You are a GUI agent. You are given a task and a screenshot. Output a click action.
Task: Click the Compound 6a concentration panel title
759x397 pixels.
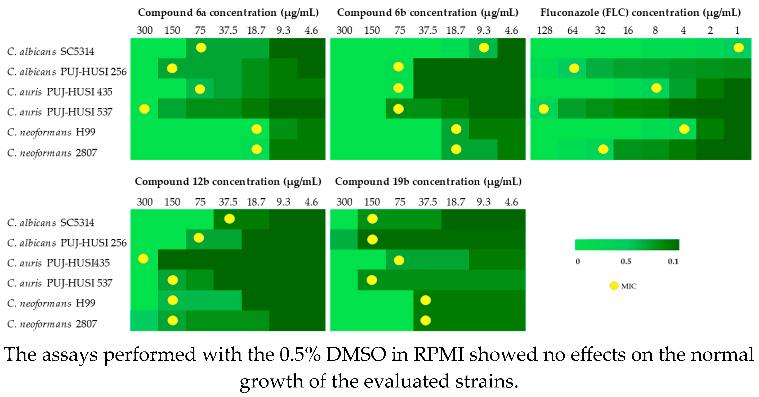click(x=228, y=13)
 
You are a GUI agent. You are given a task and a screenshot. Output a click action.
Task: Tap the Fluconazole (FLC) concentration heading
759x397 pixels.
click(x=640, y=13)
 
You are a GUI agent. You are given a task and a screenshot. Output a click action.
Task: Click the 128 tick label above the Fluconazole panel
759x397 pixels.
click(x=544, y=30)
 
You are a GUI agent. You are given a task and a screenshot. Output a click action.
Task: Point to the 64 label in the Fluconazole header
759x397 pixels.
click(x=572, y=30)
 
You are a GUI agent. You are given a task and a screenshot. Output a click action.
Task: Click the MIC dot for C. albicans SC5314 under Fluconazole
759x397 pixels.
click(x=738, y=47)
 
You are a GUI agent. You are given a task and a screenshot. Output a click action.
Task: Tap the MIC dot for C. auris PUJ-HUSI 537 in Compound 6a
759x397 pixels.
click(x=144, y=109)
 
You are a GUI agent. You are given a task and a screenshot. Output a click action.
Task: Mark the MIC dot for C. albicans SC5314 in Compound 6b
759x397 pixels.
click(x=484, y=47)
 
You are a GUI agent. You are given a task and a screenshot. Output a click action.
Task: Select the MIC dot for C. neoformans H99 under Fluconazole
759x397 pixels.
click(x=684, y=129)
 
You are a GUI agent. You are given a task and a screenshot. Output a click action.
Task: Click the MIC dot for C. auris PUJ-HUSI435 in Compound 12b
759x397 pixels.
click(x=144, y=259)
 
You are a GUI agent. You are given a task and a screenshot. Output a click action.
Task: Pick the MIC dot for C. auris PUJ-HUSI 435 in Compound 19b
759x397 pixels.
click(x=399, y=260)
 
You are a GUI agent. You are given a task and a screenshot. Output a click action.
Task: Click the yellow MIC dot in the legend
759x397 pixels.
click(x=614, y=286)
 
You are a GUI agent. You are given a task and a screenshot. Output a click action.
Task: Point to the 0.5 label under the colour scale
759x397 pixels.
click(x=626, y=261)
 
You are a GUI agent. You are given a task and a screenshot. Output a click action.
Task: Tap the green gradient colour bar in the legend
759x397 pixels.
click(x=627, y=245)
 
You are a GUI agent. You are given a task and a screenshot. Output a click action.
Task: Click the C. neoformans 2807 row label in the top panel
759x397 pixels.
click(x=52, y=153)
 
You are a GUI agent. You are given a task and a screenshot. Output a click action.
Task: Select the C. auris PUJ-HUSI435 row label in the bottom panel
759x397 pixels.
click(x=58, y=263)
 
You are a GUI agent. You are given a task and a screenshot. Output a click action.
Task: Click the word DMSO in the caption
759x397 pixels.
click(x=356, y=354)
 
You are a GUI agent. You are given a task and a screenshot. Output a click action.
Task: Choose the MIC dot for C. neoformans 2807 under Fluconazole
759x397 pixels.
click(x=603, y=149)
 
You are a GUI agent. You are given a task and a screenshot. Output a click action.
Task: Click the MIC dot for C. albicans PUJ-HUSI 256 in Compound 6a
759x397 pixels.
click(x=172, y=68)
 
